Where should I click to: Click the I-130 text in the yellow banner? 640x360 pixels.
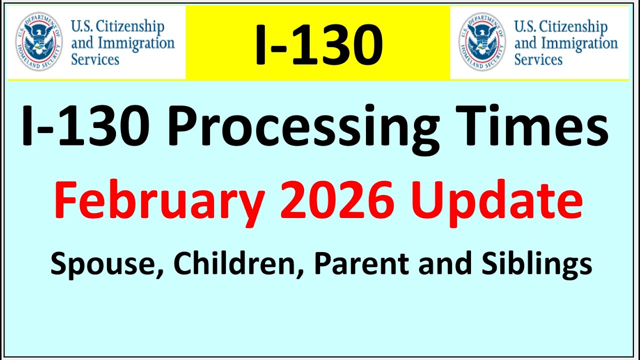pos(319,44)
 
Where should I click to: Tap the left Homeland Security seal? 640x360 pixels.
pos(38,41)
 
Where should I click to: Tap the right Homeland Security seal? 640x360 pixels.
pos(482,41)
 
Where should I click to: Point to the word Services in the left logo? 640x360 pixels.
pos(95,59)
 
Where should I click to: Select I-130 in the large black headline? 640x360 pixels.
pos(85,126)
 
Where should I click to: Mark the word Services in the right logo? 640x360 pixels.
pos(538,59)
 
